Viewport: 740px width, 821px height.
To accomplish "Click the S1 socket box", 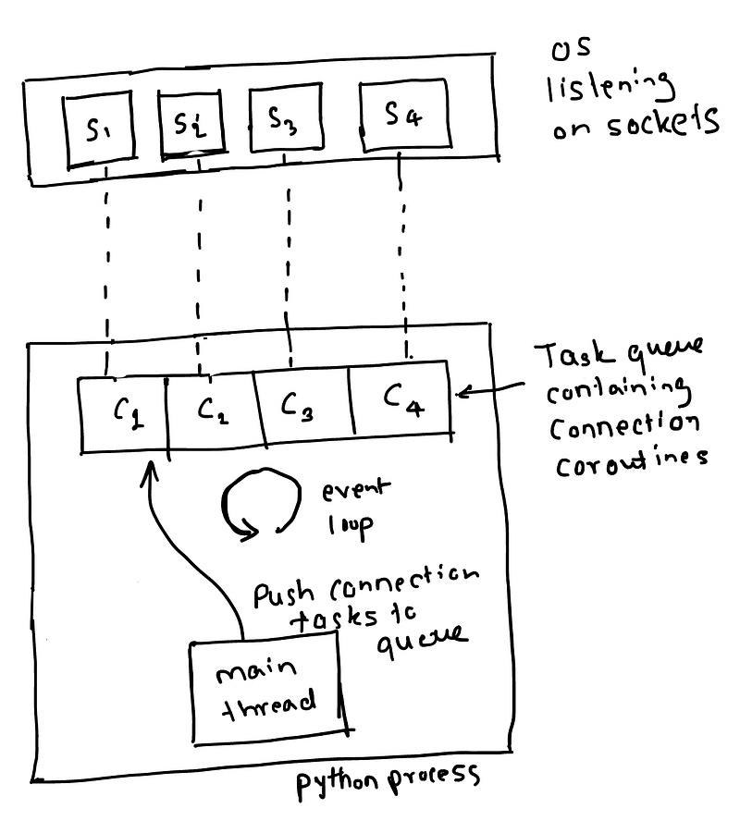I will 95,130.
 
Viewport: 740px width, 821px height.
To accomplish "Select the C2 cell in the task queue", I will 211,410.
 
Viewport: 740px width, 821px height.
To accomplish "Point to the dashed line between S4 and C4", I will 404,259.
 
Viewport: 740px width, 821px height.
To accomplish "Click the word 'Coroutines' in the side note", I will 630,461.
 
